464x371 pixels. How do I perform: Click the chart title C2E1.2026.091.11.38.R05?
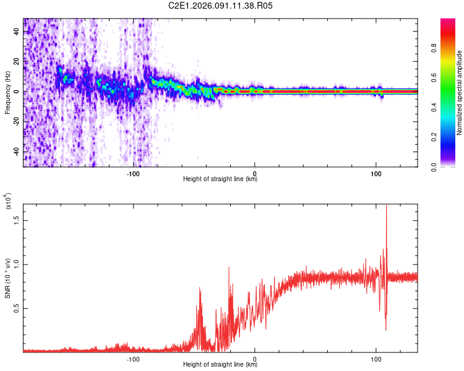(x=221, y=6)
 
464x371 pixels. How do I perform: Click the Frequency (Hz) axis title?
(x=7, y=93)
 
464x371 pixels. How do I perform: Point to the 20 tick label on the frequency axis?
(x=17, y=62)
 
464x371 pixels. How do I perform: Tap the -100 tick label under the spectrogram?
(x=134, y=173)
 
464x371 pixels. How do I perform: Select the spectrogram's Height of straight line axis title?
(x=220, y=179)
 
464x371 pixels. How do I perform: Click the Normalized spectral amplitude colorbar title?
(x=460, y=93)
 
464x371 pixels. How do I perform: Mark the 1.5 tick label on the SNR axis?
(x=17, y=219)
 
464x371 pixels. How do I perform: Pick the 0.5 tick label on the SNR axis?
(x=17, y=308)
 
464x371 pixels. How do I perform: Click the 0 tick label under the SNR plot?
(x=255, y=358)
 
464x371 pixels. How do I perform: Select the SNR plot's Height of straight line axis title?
(x=220, y=365)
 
